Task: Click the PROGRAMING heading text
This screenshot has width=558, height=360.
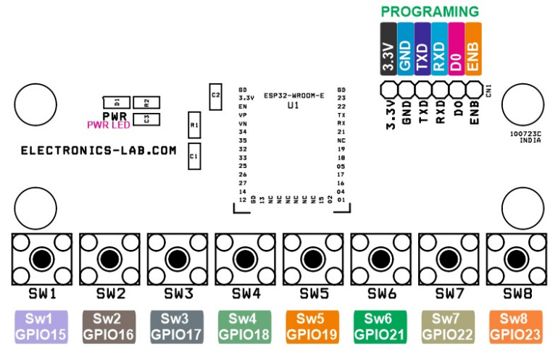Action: [430, 12]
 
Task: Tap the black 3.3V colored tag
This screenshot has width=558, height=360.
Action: [388, 49]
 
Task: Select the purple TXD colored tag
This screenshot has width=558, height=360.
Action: [422, 49]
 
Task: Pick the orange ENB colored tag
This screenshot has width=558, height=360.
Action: [473, 49]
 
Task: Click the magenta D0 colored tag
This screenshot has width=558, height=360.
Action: [456, 49]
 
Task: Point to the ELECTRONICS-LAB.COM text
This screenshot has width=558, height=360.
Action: [99, 151]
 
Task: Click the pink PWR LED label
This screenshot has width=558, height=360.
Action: [109, 125]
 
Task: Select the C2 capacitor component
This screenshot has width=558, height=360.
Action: [215, 95]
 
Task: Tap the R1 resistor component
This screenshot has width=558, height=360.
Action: [193, 125]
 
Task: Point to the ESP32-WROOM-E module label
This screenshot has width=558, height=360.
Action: [293, 95]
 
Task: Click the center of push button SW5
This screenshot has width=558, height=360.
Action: [314, 258]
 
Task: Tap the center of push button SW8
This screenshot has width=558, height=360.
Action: [517, 258]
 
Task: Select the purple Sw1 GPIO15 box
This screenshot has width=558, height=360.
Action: [42, 327]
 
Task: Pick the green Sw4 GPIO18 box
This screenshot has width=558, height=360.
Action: [246, 327]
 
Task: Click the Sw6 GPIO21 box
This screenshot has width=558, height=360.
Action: [382, 327]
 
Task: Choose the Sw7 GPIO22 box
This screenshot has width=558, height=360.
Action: [449, 327]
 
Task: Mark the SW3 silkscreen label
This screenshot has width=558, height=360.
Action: [178, 293]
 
